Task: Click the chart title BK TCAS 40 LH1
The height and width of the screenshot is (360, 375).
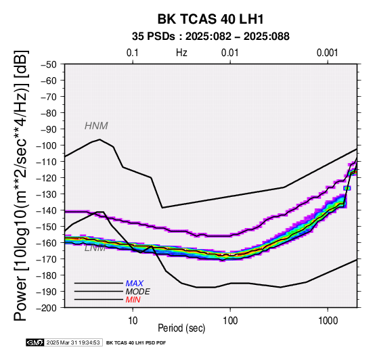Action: click(211, 19)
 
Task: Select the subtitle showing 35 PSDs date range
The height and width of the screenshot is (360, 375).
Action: click(211, 37)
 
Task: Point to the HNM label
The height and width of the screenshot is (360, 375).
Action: click(96, 126)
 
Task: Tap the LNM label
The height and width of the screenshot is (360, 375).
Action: click(95, 248)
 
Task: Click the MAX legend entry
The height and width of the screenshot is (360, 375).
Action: click(135, 284)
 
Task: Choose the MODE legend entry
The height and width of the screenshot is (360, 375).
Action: click(138, 292)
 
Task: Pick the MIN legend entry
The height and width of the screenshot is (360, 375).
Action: click(133, 300)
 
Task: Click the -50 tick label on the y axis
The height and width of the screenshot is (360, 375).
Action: click(49, 64)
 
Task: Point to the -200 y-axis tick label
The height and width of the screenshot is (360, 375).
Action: click(47, 308)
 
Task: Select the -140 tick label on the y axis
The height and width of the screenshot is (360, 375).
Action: click(47, 210)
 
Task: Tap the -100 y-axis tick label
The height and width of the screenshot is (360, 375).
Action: click(47, 145)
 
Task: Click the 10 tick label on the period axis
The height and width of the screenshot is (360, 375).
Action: click(133, 321)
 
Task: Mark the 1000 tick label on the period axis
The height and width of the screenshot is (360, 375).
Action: click(328, 321)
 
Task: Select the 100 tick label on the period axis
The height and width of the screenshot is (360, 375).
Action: click(230, 321)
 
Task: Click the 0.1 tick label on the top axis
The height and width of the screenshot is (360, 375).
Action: click(133, 53)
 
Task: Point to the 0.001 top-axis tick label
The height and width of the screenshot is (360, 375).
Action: click(328, 53)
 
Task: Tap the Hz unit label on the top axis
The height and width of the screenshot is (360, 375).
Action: click(181, 53)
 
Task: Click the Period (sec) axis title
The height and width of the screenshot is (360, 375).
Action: click(181, 328)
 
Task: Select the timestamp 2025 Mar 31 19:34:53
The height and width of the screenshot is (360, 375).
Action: click(73, 343)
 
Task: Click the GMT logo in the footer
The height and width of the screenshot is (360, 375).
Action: click(35, 343)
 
